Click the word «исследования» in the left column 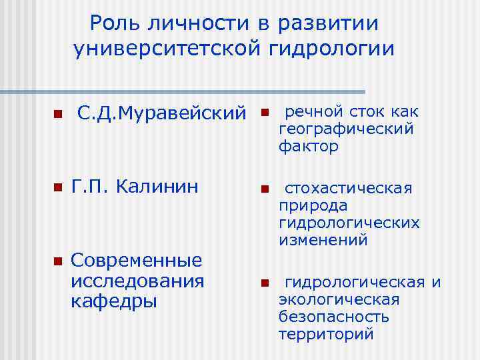click(x=137, y=279)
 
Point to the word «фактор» click(x=309, y=146)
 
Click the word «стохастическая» click(x=349, y=189)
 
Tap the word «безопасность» click(x=334, y=317)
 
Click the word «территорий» click(x=326, y=333)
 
